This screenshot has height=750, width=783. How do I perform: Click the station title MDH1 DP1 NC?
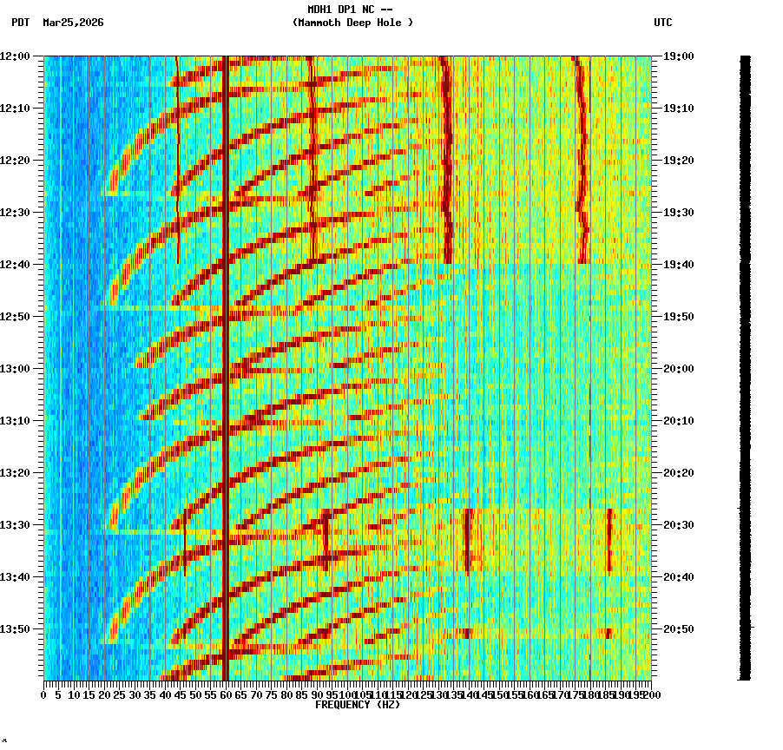(350, 9)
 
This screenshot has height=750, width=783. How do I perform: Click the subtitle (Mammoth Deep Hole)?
(352, 23)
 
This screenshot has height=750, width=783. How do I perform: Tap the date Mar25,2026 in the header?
(73, 23)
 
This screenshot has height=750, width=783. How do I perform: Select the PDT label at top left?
(21, 23)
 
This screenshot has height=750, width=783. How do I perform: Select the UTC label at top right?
(662, 23)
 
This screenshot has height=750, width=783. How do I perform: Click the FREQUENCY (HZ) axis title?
(357, 705)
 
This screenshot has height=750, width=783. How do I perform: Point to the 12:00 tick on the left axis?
(16, 56)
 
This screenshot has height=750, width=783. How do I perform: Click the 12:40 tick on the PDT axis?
(16, 265)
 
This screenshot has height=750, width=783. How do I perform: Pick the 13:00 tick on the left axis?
(16, 369)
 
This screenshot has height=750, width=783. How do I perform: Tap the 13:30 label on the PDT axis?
(16, 525)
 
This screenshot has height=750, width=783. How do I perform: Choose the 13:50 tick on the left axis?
(16, 629)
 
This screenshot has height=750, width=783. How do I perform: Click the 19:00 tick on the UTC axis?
(679, 56)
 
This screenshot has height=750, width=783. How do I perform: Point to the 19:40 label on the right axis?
(679, 265)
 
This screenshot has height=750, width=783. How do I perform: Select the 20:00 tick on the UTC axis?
(679, 369)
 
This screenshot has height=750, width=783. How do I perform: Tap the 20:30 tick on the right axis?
(679, 525)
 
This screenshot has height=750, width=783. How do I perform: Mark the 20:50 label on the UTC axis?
(679, 629)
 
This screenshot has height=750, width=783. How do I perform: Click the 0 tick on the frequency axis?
(44, 694)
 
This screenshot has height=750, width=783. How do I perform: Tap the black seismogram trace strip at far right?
(745, 365)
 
